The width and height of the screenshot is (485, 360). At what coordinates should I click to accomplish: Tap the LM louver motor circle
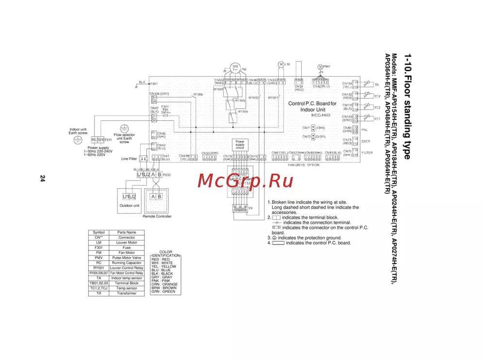coord(281,64)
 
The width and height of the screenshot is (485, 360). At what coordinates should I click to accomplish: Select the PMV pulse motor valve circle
coord(320,66)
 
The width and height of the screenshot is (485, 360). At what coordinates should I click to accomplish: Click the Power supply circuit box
coord(240,144)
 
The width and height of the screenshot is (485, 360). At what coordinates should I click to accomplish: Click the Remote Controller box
coord(157,200)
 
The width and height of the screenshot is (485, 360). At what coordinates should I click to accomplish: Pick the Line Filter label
coord(129,159)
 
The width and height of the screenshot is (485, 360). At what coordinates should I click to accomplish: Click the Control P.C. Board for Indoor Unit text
coord(312,107)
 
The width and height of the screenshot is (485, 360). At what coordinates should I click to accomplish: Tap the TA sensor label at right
coord(376,84)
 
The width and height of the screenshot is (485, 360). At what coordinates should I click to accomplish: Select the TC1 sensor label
coord(377,118)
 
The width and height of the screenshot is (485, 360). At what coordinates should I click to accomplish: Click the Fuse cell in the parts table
coord(127,247)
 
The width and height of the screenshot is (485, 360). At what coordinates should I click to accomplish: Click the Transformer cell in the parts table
coord(127,293)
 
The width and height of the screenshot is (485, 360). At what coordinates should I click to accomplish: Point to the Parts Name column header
coord(127,232)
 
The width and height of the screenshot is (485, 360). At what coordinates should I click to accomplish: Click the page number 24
coord(42,179)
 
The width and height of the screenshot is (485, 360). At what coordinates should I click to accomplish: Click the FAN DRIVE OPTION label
coord(304,165)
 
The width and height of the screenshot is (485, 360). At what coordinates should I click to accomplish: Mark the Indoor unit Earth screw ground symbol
coord(77,140)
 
